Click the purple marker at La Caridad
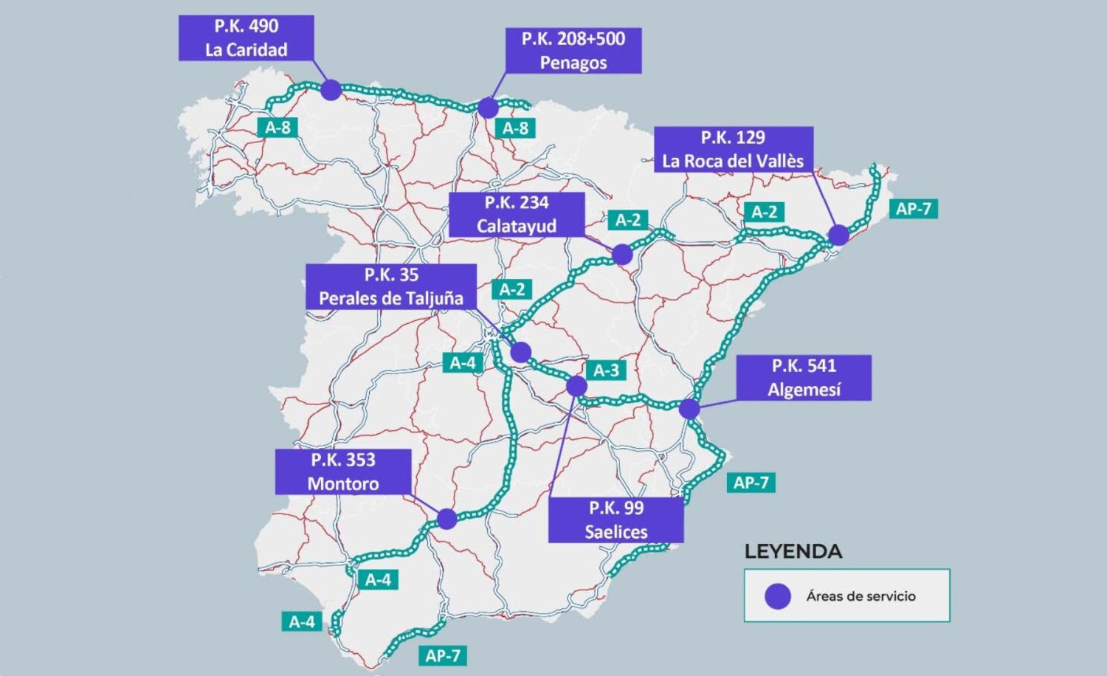[331, 90]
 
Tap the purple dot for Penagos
[488, 108]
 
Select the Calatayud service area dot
[622, 254]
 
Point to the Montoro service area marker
[446, 519]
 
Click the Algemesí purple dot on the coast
[689, 408]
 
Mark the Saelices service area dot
[576, 385]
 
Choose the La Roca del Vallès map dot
[838, 235]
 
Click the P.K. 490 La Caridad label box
[246, 38]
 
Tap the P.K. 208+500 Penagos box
[573, 50]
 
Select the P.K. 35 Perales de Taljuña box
[390, 286]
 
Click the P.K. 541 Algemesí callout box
[804, 377]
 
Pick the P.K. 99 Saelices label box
[615, 520]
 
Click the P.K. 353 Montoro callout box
[342, 472]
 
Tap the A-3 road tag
[606, 370]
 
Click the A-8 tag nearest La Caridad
[278, 128]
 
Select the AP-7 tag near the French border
[913, 209]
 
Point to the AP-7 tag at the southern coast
[443, 655]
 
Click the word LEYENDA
[793, 551]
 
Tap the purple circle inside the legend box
[777, 596]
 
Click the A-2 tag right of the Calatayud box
[628, 220]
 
